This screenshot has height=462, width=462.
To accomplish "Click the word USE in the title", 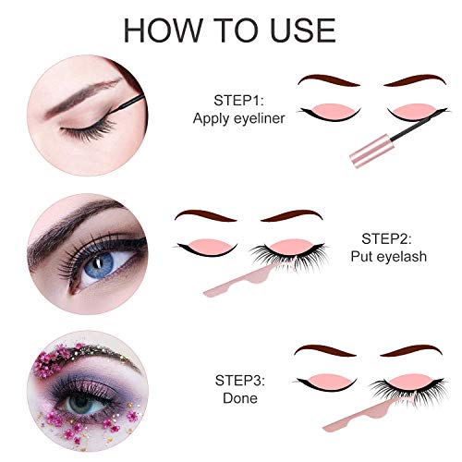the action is tap(303, 30).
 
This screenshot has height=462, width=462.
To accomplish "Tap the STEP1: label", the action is tap(238, 101).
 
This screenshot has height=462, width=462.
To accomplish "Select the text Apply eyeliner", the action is tap(238, 118).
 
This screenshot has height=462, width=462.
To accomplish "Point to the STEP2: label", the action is tap(386, 238).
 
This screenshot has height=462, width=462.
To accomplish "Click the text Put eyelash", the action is tap(389, 257).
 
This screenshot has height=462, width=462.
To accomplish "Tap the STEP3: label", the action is tap(240, 381).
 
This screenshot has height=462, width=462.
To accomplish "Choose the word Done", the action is tap(240, 398).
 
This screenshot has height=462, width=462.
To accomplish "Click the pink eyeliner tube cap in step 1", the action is tap(371, 152).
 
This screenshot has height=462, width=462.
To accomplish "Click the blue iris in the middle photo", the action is tap(99, 264).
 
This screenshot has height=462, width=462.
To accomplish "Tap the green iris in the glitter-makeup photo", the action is tap(80, 403).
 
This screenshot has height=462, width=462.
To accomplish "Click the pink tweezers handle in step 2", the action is tap(247, 279).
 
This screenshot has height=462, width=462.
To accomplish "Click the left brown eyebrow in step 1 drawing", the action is tap(328, 80).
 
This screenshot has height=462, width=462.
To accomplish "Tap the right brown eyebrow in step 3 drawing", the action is tap(412, 351).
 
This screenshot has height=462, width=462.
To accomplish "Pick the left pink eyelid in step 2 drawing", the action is tap(210, 245).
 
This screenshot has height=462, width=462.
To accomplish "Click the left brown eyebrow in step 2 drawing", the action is tap(206, 216).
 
